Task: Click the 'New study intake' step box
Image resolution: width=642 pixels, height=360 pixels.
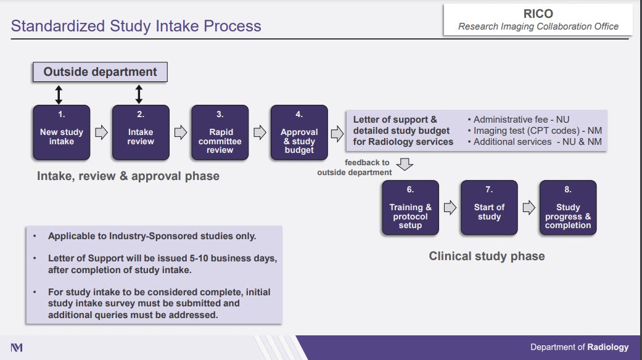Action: click(62, 132)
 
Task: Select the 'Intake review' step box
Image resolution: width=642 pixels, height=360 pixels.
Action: click(141, 132)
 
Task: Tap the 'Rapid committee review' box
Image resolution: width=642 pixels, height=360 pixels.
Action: click(220, 132)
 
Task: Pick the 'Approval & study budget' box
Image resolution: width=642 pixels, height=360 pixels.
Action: click(299, 132)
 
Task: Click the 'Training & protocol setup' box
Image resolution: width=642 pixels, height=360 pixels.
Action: click(410, 207)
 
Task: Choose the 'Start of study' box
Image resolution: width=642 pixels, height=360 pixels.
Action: click(489, 207)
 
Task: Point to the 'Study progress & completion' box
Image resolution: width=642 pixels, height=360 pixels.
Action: click(568, 207)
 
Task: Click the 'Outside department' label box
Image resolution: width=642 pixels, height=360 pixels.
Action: click(100, 72)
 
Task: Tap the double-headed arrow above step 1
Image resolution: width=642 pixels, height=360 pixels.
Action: click(59, 94)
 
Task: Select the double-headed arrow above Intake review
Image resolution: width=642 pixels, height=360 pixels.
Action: click(139, 94)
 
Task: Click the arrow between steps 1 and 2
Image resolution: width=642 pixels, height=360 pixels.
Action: click(101, 132)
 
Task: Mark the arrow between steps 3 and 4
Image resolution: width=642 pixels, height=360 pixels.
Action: click(260, 132)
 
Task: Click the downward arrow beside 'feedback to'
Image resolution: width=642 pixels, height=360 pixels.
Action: click(405, 164)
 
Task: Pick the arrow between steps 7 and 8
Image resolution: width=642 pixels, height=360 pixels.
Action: click(529, 207)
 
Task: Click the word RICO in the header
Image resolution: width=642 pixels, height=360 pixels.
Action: click(538, 14)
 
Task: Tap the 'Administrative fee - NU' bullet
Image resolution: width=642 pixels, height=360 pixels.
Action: click(519, 120)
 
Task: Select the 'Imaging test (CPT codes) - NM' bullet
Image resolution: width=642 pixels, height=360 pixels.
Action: click(535, 131)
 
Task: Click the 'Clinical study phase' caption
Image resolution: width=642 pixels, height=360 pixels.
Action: click(487, 256)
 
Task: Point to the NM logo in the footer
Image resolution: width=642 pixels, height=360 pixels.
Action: click(17, 348)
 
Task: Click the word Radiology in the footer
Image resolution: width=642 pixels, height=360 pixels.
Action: click(608, 347)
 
